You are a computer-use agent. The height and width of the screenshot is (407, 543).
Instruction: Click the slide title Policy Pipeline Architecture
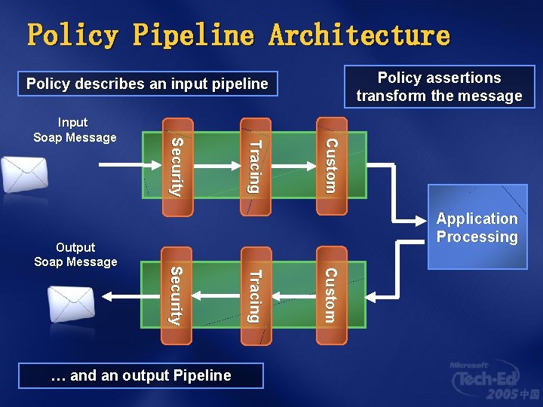(x=238, y=35)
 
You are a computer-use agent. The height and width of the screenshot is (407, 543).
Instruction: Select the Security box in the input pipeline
(x=175, y=167)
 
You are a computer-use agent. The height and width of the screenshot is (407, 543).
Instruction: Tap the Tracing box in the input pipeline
(x=255, y=167)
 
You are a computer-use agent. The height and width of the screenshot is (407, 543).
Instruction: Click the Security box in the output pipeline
(x=175, y=295)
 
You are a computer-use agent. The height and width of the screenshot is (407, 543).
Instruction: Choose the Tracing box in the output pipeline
(x=255, y=295)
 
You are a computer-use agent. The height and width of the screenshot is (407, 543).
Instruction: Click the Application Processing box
(x=477, y=228)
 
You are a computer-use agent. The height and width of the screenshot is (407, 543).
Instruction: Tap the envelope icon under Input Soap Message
(x=24, y=174)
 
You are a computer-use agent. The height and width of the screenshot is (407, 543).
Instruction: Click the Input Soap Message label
(x=75, y=130)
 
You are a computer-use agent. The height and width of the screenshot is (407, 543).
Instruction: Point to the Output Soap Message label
(x=75, y=255)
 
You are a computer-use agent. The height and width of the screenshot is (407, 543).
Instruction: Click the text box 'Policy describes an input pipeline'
(x=148, y=84)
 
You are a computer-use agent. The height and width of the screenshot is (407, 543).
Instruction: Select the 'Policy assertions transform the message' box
(x=439, y=87)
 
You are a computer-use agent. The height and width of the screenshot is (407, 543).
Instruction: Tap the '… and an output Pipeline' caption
(x=141, y=375)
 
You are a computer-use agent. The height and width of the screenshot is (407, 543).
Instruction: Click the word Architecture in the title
(x=360, y=35)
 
